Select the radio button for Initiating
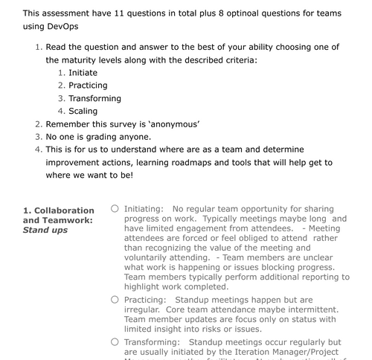pyautogui.click(x=115, y=209)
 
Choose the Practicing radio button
pyautogui.click(x=115, y=299)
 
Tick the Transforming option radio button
pyautogui.click(x=115, y=341)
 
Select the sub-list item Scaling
pyautogui.click(x=84, y=111)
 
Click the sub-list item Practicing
pyautogui.click(x=88, y=85)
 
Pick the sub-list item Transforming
pyautogui.click(x=94, y=98)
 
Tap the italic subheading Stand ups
pyautogui.click(x=45, y=231)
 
